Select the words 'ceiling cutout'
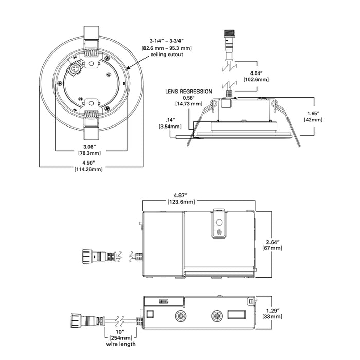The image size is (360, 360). click(x=164, y=54)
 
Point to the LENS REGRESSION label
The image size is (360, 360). click(x=189, y=91)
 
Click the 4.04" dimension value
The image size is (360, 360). click(x=249, y=74)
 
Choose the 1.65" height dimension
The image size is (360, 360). click(x=313, y=113)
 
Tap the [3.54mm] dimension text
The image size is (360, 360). click(x=170, y=126)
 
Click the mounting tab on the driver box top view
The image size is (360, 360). click(x=220, y=223)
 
